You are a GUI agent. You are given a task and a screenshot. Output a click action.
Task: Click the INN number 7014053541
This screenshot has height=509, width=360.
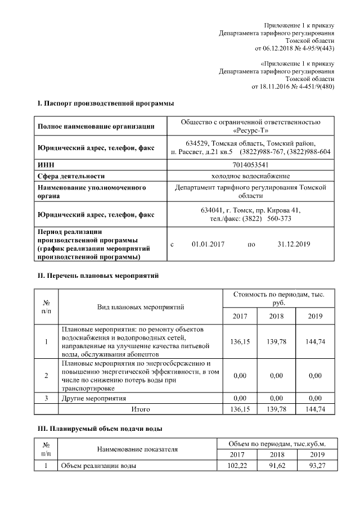coord(250,165)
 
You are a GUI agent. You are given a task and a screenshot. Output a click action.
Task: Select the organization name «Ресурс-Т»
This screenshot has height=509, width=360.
coord(250,130)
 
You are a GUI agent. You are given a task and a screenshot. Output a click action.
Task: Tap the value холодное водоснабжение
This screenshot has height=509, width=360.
coord(250,176)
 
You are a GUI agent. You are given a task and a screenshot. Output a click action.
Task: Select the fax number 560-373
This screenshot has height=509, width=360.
coord(279,218)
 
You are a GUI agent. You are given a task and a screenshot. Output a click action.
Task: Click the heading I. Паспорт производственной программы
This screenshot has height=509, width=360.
coord(105,103)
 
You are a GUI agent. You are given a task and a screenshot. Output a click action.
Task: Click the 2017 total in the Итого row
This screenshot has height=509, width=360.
coord(240,409)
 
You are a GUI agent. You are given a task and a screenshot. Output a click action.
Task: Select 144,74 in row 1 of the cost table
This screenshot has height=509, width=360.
coord(316,341)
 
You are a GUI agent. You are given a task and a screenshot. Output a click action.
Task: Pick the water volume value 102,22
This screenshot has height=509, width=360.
coord(240,466)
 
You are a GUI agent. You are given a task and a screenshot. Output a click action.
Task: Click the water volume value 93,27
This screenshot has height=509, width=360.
coord(316,466)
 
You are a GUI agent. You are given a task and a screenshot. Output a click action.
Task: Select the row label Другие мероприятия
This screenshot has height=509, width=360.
coord(93,398)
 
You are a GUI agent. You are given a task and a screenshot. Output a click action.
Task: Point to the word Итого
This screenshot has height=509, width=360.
coord(141,409)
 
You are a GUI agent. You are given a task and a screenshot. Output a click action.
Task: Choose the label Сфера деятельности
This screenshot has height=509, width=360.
coord(71,176)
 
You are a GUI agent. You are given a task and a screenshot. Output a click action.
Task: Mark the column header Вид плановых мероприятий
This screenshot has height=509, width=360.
coord(141,307)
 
